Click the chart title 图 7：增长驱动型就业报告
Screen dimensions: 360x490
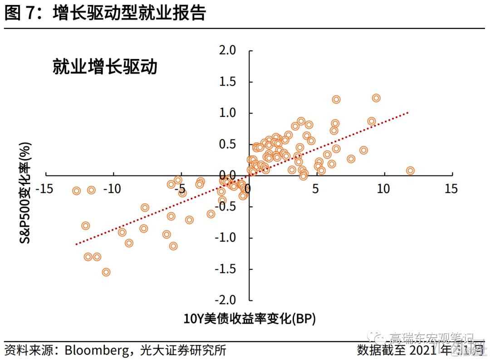click(x=105, y=13)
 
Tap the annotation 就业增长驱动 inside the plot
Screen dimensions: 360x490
click(x=105, y=67)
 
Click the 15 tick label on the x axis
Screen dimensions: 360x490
click(x=451, y=188)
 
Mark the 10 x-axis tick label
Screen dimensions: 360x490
click(x=383, y=188)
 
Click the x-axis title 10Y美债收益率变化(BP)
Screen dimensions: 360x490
click(x=250, y=318)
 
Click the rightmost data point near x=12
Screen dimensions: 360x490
click(x=410, y=170)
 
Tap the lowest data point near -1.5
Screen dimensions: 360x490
click(x=106, y=272)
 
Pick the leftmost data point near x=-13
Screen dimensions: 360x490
click(x=76, y=190)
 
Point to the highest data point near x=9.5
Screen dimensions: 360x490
click(x=376, y=98)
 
